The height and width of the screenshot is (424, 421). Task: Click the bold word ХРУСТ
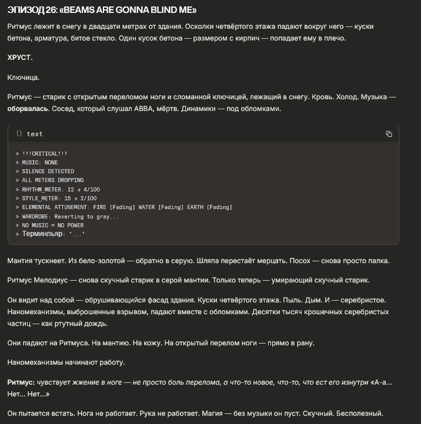20,58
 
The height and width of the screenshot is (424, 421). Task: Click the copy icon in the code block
389,134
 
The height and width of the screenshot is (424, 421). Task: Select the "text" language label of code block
35,134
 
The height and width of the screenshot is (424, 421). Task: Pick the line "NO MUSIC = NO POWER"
52,226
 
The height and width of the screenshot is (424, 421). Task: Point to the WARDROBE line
71,216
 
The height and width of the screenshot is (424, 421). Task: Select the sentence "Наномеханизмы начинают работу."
66,362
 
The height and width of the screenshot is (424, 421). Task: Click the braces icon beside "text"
19,134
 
